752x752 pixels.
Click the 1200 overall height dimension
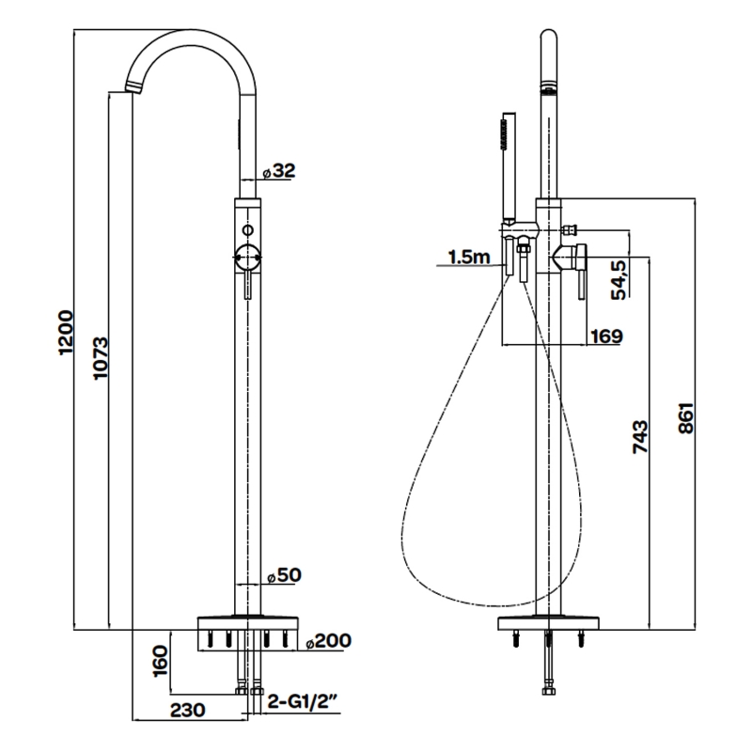tap(66, 333)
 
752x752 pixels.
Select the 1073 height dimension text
tap(101, 358)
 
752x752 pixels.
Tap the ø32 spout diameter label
tap(279, 171)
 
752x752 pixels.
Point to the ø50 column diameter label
tap(284, 575)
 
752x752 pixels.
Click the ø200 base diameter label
tap(328, 641)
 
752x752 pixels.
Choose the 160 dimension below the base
tap(161, 662)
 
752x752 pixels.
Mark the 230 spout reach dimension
tap(188, 710)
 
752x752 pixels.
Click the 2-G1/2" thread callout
tap(303, 702)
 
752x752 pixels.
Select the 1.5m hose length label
tap(469, 257)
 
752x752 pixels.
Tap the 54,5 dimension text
tap(619, 280)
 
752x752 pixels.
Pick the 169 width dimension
tap(606, 337)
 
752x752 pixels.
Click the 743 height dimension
tap(640, 436)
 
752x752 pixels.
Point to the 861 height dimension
tap(686, 418)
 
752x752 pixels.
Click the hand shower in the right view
tap(508, 168)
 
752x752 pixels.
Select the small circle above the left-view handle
tap(247, 230)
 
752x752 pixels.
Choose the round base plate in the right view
tap(548, 622)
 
